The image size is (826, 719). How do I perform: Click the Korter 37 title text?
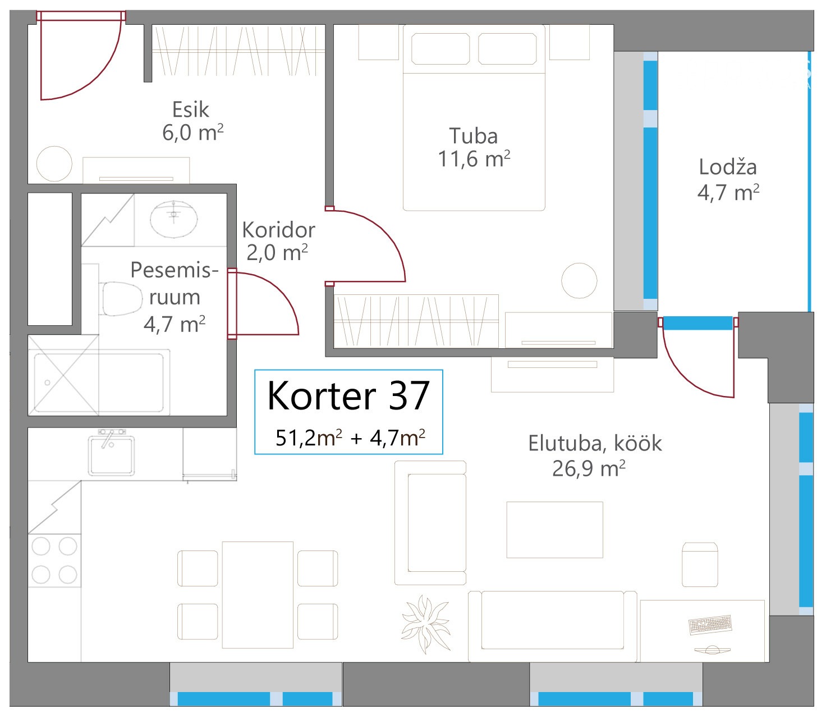pos(348,395)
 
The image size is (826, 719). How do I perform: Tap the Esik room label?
pos(191,110)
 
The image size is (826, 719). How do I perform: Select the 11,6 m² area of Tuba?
pos(474,159)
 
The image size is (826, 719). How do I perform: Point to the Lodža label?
pos(727,167)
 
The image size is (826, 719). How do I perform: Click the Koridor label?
pos(278,230)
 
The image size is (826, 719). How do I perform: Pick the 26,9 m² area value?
pos(589,469)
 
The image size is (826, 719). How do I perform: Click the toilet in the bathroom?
pos(120,299)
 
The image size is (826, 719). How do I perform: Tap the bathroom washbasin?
pos(173,219)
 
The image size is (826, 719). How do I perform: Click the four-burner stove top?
pos(54,560)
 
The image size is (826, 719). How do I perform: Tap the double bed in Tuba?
pos(474,117)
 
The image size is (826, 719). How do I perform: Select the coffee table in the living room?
pos(555,530)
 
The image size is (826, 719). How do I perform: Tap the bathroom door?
pos(263,303)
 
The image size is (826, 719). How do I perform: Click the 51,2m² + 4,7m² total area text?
pos(350,438)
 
